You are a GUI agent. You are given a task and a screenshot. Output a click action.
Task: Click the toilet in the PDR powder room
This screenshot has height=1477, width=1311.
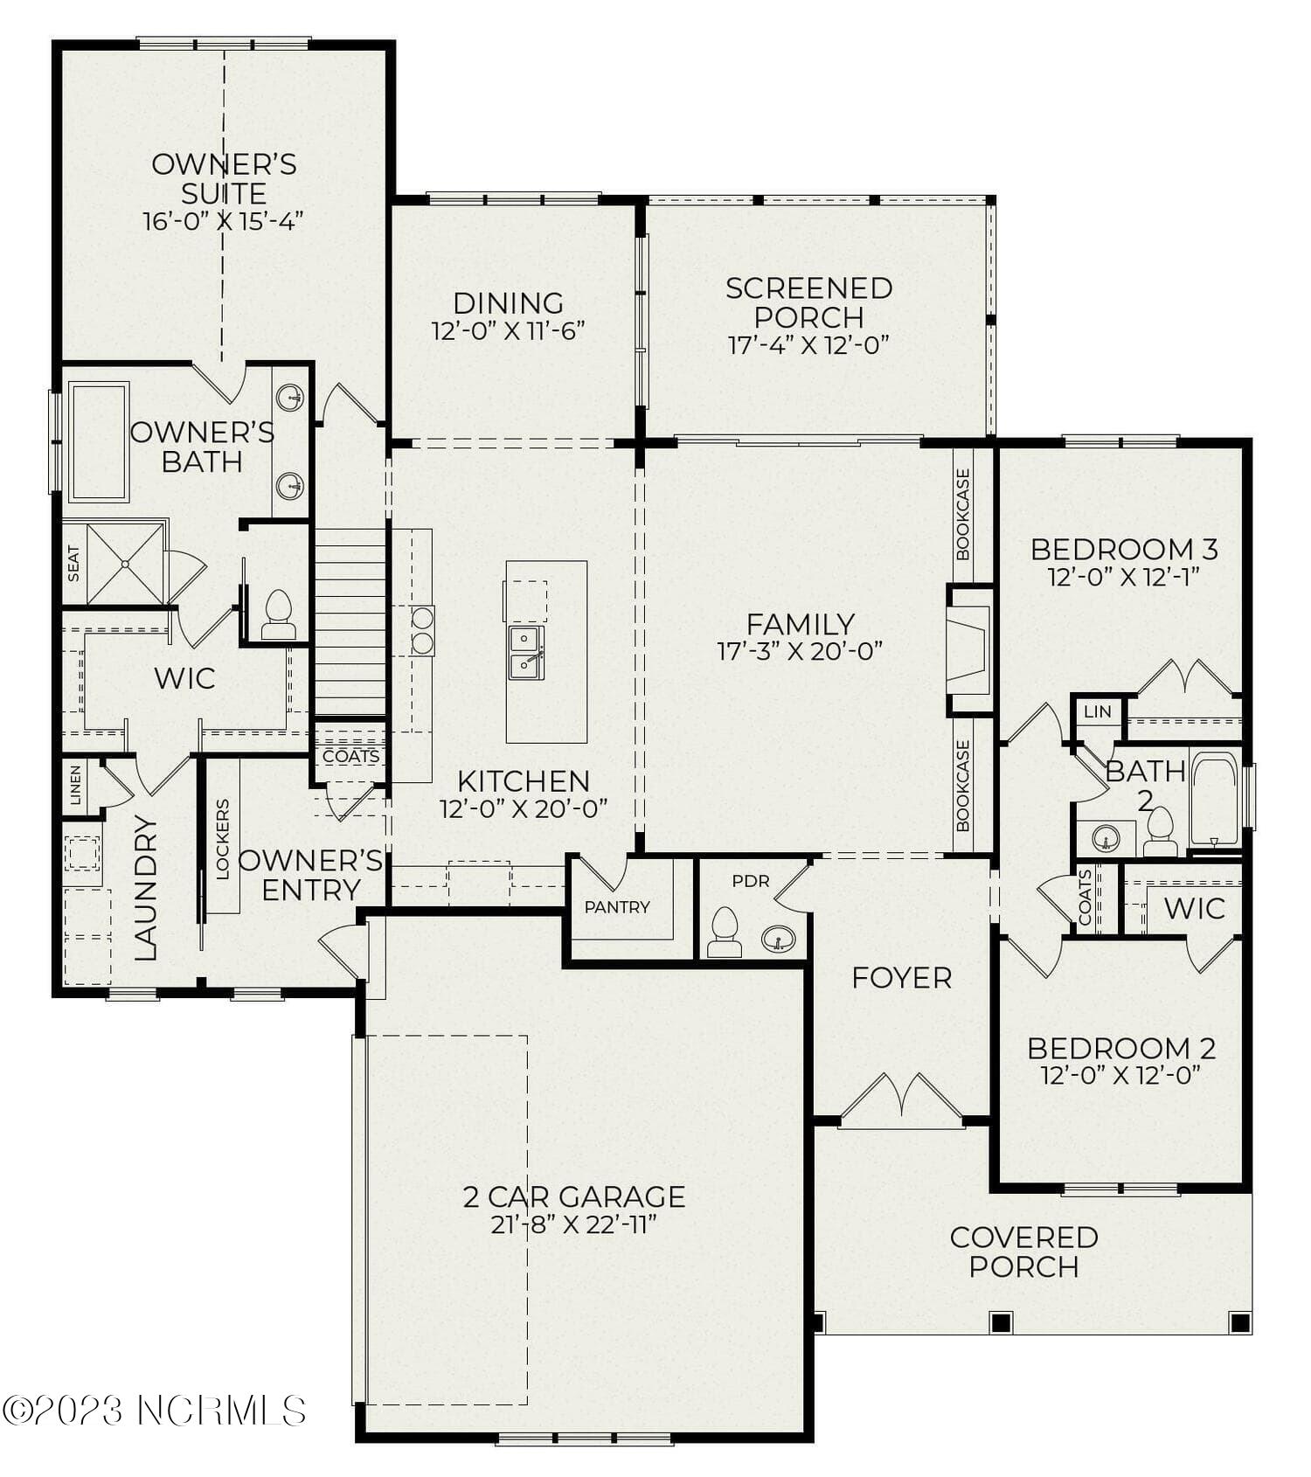[725, 932]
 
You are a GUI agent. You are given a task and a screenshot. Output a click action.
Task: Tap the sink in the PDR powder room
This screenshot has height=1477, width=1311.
[777, 940]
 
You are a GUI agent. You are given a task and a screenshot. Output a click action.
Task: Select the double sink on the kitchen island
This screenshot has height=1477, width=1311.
[526, 652]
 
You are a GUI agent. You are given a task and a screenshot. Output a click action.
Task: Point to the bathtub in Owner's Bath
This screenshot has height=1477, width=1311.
[99, 441]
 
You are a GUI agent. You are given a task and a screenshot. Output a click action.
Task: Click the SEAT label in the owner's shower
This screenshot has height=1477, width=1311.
[73, 564]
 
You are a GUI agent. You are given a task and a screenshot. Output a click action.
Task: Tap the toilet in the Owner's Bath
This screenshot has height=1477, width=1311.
[278, 615]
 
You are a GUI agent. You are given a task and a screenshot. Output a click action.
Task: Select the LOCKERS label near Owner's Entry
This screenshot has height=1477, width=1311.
[222, 838]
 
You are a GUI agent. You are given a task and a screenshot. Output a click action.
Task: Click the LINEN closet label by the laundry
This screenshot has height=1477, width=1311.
[76, 785]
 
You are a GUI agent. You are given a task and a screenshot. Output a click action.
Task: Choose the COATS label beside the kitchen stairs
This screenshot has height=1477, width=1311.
[351, 756]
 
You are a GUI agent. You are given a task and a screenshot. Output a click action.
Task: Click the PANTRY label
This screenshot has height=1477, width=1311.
[617, 907]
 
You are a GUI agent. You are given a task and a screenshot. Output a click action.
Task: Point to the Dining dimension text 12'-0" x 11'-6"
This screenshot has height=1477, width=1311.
[508, 331]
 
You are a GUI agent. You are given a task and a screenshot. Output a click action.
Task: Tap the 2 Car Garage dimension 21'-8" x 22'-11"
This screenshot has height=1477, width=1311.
[573, 1224]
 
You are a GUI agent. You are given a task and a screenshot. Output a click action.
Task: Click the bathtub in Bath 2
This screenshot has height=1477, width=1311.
[1214, 799]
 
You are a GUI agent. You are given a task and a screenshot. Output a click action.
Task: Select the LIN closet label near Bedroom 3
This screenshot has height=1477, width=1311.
[1097, 711]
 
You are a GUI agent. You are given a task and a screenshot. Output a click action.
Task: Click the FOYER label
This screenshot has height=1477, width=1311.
[901, 977]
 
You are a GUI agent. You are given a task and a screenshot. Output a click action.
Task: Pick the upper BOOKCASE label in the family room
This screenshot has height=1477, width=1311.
[963, 514]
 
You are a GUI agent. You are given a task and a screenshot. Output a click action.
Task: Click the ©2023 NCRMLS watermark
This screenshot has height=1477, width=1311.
[154, 1411]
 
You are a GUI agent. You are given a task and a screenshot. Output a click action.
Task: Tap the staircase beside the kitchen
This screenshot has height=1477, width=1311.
[350, 622]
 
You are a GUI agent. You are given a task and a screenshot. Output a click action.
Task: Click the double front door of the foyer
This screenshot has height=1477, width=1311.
[901, 1103]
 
